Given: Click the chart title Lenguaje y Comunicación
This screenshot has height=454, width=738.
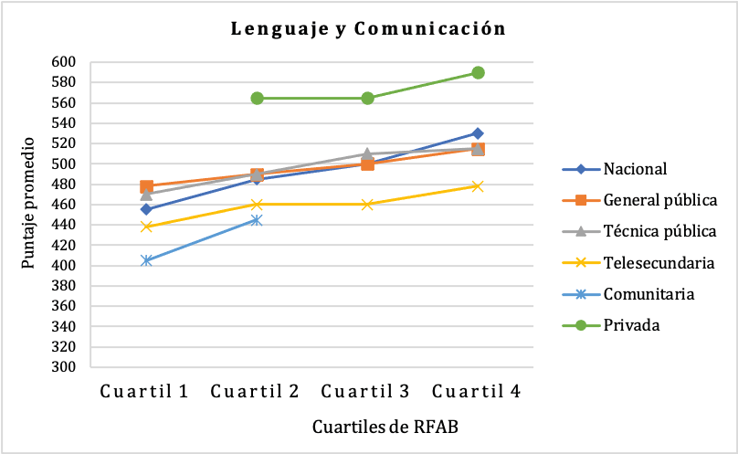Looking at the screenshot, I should (368, 28).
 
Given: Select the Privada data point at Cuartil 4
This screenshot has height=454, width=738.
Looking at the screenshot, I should (478, 72).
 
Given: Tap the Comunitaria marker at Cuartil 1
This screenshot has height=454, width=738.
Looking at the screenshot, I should (146, 260).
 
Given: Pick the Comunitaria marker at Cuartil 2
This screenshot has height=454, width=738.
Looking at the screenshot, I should (257, 220).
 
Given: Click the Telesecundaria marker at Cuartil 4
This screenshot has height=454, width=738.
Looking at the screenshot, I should (478, 186).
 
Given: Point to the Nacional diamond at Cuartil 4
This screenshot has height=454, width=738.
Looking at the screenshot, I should (478, 133).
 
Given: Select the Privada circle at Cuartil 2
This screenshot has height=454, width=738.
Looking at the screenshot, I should (257, 98).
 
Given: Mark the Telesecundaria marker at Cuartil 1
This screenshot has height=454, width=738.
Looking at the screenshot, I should (146, 227).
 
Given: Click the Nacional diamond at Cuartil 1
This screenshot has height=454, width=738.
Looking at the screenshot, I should (146, 209).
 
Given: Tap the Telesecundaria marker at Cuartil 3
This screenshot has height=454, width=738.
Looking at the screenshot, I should (367, 205).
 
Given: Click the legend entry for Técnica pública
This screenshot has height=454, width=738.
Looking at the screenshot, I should (659, 231).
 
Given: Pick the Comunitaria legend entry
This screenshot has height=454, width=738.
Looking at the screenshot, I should (648, 294).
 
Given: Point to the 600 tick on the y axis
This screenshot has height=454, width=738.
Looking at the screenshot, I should (74, 62).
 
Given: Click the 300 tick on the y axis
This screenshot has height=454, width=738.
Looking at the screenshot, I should (74, 367).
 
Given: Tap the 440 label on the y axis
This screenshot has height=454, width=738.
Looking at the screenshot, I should (74, 225).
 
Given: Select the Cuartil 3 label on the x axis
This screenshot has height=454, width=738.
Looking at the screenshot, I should (367, 391).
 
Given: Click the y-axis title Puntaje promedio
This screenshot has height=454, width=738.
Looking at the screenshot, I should (29, 203).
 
